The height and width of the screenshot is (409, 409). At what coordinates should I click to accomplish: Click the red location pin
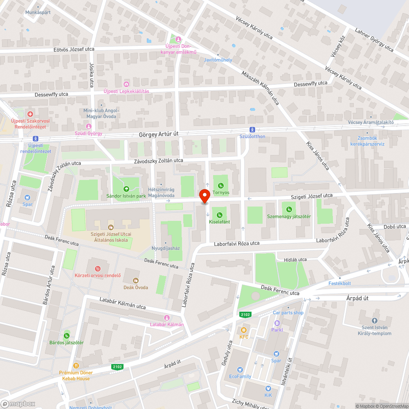coord(204,196)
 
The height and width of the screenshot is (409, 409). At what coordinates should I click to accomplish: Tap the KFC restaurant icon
coord(244,330)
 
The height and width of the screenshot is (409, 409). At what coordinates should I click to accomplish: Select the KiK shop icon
coord(268,389)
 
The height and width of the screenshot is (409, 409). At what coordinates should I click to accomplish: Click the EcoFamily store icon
coord(240,369)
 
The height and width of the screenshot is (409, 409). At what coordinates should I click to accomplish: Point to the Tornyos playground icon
coord(221,185)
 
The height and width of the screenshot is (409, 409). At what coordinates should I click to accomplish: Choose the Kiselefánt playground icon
coord(220,215)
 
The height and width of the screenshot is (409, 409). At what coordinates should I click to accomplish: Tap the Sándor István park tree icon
coord(126,189)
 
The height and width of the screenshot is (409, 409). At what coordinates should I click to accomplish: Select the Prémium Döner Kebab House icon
coord(76,366)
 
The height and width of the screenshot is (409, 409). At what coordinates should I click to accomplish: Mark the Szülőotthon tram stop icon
coord(252,129)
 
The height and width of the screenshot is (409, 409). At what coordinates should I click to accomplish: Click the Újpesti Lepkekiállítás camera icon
coord(126,84)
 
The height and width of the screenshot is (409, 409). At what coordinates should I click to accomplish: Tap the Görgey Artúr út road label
coord(160,134)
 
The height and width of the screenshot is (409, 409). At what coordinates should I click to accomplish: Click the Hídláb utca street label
coord(295,259)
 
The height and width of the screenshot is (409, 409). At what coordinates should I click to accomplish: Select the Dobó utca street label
coord(395,226)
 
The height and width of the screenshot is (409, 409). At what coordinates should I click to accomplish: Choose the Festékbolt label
coord(339,283)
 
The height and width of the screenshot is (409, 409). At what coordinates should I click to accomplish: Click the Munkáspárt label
coord(38,12)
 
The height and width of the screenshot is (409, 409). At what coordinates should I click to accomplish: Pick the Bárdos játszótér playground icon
coord(67,335)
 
